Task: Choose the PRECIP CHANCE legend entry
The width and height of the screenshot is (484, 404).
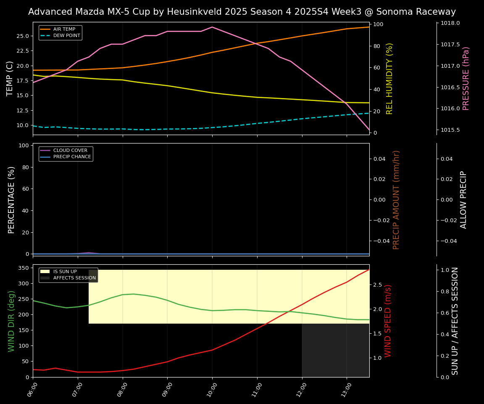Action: coord(72,157)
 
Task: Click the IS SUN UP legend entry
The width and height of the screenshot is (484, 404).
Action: coord(65,272)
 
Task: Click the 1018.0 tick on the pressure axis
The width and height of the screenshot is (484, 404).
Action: coord(450,23)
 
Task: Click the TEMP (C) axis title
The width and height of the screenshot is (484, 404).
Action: coord(10,78)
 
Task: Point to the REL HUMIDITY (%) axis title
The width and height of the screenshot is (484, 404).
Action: coord(389,78)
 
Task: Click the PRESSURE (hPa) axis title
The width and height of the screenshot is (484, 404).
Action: coord(466,78)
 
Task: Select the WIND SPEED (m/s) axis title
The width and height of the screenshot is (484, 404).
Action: coord(388,321)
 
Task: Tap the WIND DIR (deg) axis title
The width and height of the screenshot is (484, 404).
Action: coord(11,321)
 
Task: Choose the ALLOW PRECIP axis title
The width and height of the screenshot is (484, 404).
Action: coord(464,199)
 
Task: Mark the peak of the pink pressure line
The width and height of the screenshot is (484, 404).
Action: coord(212,27)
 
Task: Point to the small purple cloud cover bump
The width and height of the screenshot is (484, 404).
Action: coord(89,252)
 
